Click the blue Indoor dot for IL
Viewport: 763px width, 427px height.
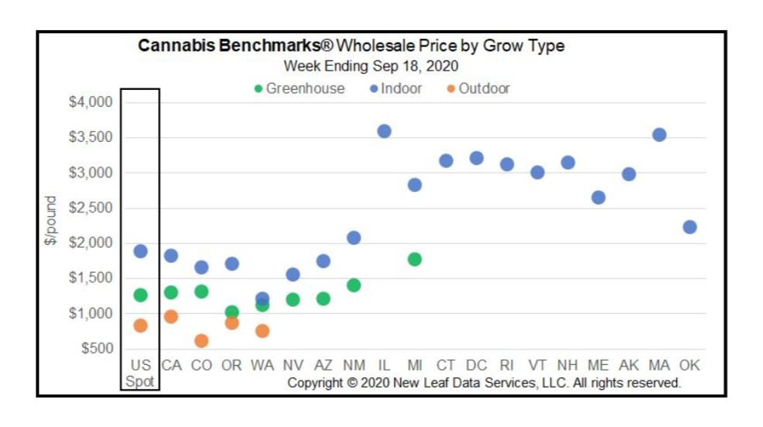pyautogui.click(x=384, y=131)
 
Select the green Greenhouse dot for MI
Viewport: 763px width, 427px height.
pyautogui.click(x=414, y=259)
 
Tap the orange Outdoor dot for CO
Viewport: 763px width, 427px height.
pyautogui.click(x=201, y=341)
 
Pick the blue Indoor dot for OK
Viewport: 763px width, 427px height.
pyautogui.click(x=689, y=227)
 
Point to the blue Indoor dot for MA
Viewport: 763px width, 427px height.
pyautogui.click(x=659, y=135)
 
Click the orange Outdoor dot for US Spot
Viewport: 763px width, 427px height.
pyautogui.click(x=140, y=325)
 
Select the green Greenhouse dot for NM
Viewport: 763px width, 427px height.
pyautogui.click(x=354, y=285)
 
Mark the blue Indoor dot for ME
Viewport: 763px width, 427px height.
pyautogui.click(x=598, y=198)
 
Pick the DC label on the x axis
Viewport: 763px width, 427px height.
pyautogui.click(x=476, y=365)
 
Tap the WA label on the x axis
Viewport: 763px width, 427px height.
pyautogui.click(x=262, y=365)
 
